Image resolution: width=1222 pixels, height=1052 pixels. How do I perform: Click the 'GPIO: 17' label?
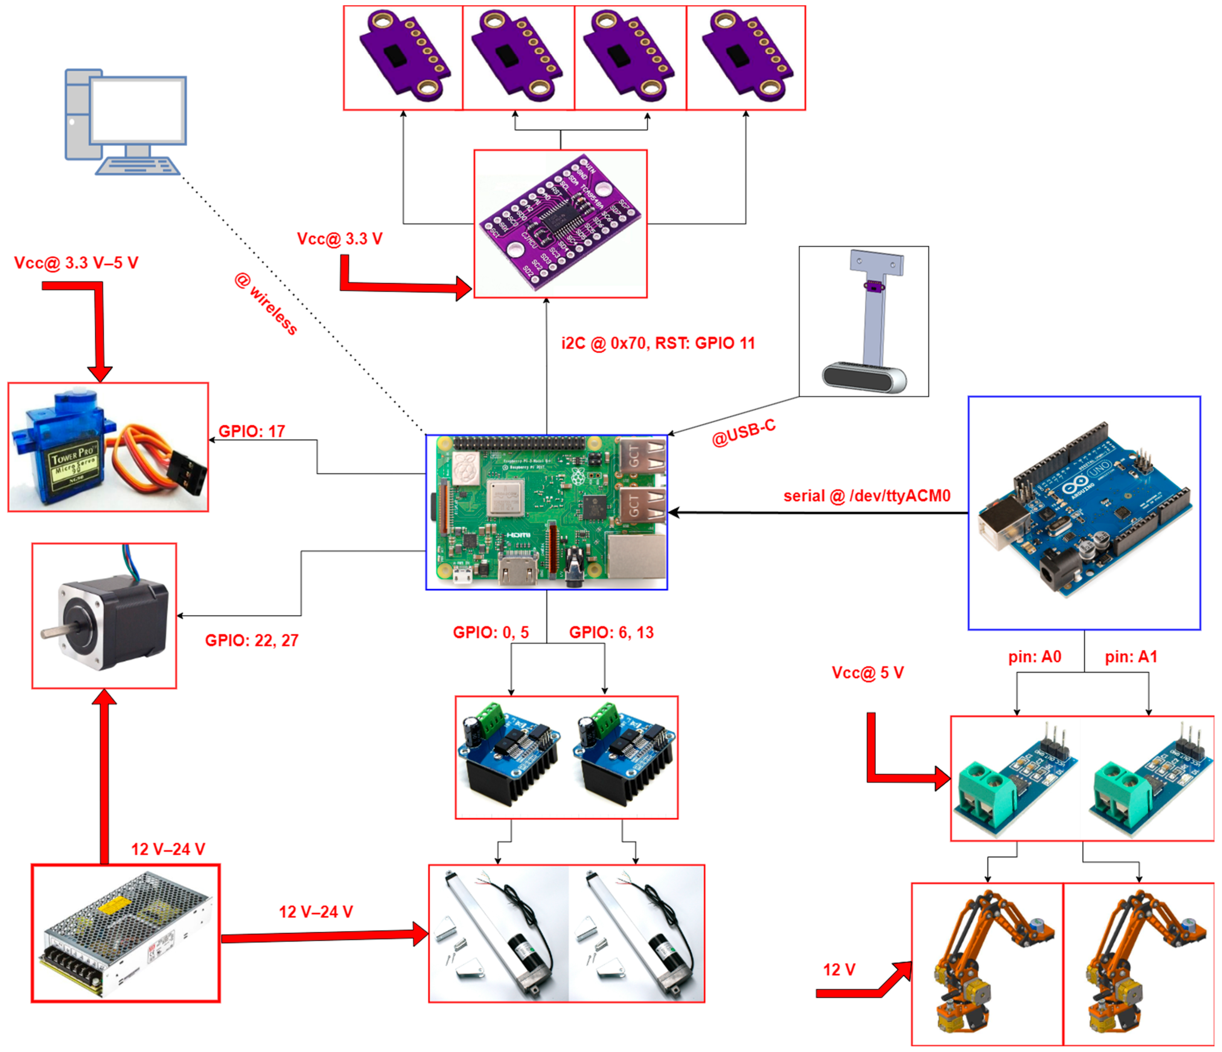coord(252,431)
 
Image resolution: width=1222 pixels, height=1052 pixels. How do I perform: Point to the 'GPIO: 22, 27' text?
coord(252,640)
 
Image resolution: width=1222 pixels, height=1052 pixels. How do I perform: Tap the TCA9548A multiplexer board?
coord(560,224)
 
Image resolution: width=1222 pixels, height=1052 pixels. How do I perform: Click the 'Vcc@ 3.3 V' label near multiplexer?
coord(340,239)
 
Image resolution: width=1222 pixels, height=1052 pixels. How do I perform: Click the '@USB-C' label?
coord(743,433)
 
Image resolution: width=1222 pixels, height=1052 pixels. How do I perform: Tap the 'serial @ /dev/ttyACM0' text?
coord(867,496)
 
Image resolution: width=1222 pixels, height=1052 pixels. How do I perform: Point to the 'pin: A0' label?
coord(1035,657)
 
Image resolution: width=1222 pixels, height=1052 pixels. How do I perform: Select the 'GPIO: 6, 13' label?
coord(611,633)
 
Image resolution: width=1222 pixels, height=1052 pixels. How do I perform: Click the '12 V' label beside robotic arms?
coord(839,970)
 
